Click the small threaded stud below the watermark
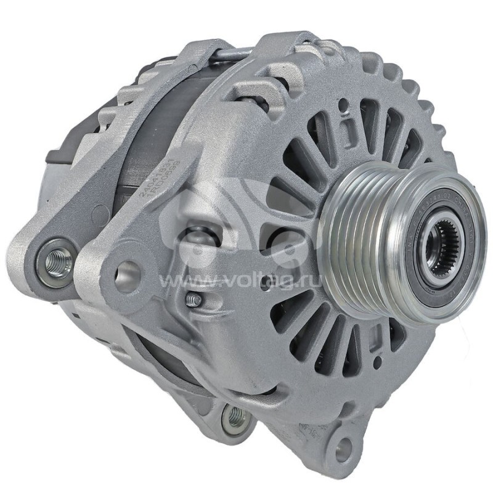193,299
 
